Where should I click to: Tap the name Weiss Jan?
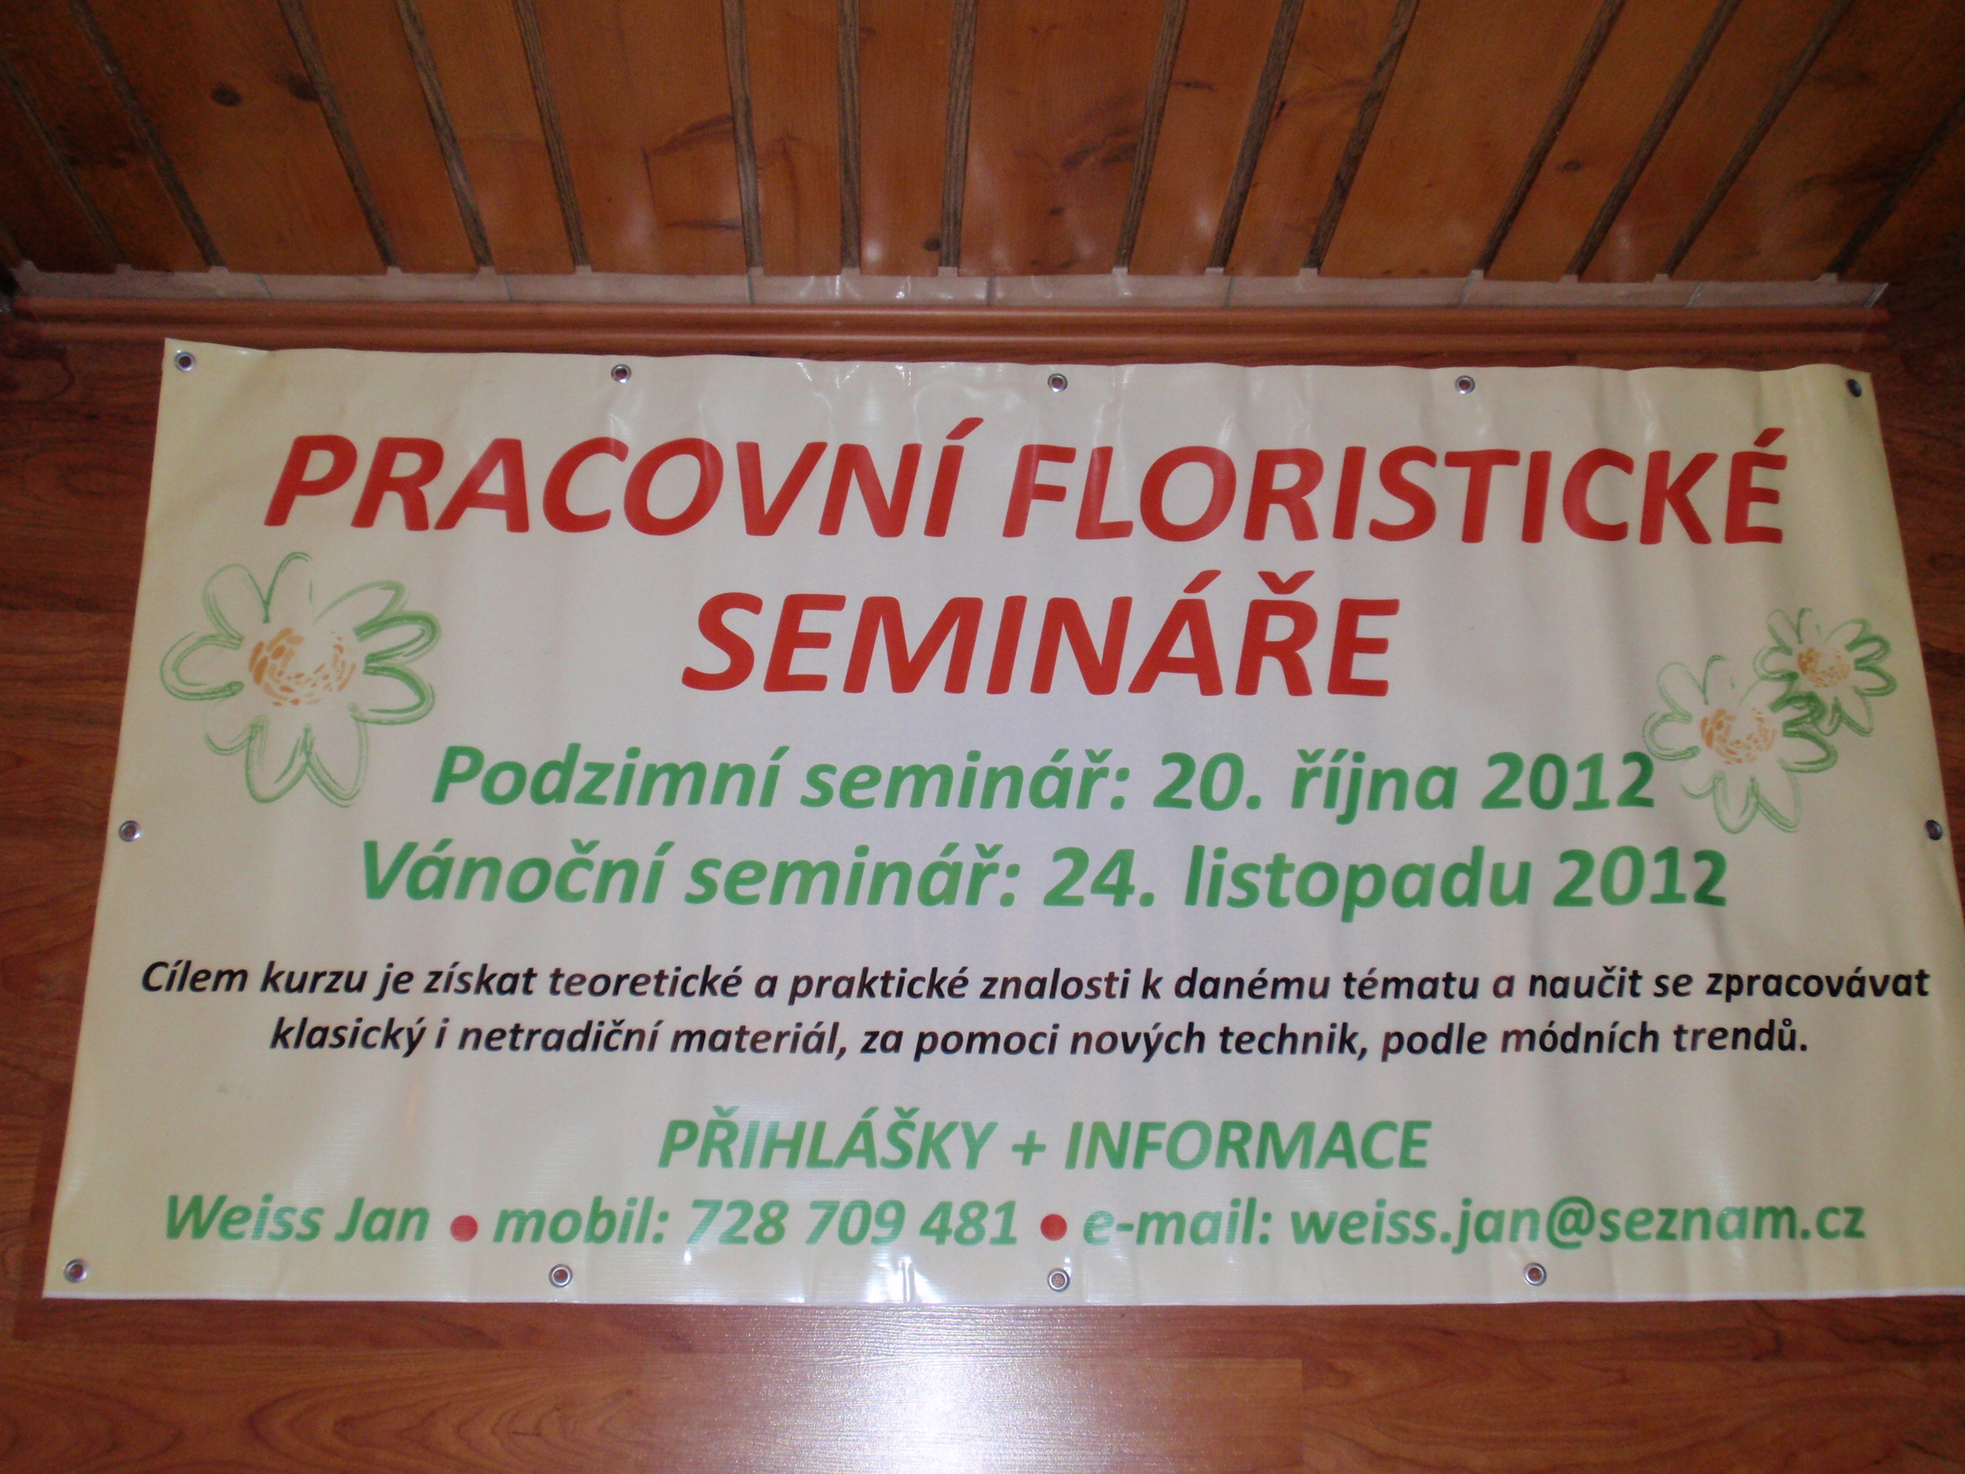297,1220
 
